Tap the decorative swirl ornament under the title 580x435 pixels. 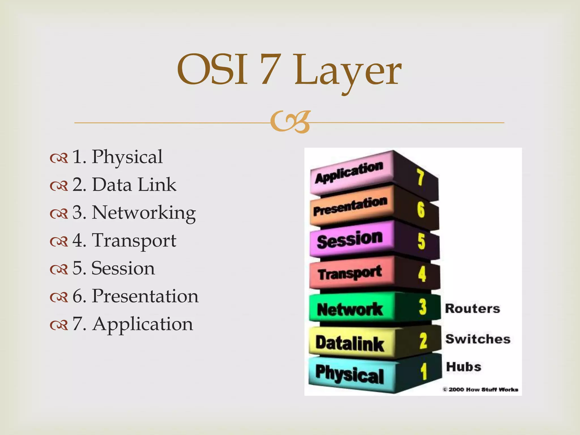pos(290,122)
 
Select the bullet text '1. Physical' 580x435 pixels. pos(117,157)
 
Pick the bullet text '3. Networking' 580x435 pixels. pos(134,212)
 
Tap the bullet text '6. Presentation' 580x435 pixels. pos(135,296)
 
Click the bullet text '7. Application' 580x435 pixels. pos(133,324)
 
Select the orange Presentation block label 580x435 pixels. pos(350,206)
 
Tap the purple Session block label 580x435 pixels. pos(350,240)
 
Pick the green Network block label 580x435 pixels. pos(350,309)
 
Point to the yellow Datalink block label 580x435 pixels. pos(350,343)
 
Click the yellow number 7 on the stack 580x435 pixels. pos(420,177)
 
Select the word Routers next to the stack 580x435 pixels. pos(472,308)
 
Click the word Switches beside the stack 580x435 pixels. pos(478,339)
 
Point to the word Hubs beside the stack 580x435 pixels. pos(464,367)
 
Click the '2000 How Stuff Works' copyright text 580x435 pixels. pos(481,390)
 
